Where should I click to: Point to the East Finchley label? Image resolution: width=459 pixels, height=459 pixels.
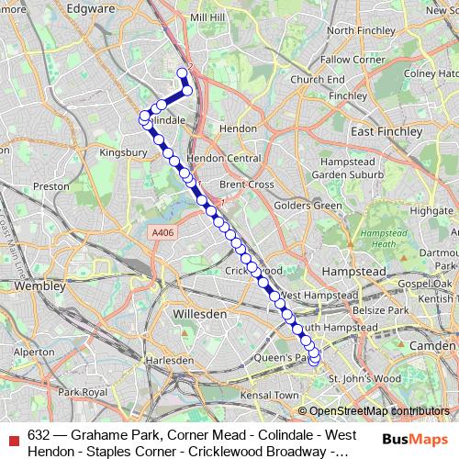coord(386,132)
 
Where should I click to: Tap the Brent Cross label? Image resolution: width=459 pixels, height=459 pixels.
coord(246,184)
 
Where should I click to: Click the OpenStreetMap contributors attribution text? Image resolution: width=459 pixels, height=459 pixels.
coord(378,411)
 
